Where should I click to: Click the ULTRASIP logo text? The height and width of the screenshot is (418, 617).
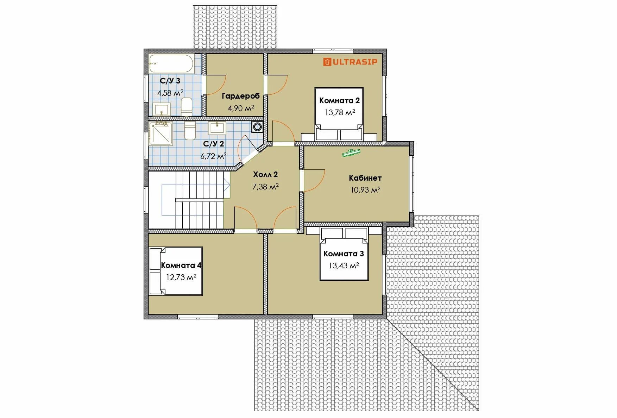[x=355, y=62]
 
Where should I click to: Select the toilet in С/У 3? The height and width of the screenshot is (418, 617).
[x=186, y=107]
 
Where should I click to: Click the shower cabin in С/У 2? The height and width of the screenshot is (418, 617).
[x=161, y=133]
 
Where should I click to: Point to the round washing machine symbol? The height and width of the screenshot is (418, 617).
[x=258, y=127]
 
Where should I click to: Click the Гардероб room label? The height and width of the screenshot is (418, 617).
[x=241, y=96]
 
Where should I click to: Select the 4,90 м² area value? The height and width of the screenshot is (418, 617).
[x=241, y=108]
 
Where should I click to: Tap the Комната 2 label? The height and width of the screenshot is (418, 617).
[x=340, y=100]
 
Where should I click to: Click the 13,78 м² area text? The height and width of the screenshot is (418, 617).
[x=340, y=112]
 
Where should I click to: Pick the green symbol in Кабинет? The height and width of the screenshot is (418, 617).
[x=351, y=152]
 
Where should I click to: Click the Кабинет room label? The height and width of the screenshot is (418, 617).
[x=365, y=178]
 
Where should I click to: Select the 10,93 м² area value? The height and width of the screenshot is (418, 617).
[x=365, y=190]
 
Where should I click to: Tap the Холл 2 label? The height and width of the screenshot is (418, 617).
[x=265, y=174]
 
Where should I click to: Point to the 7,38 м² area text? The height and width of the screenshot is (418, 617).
[x=265, y=186]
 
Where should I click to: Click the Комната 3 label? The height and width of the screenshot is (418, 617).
[x=344, y=254]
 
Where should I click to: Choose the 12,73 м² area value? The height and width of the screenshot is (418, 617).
[x=181, y=277]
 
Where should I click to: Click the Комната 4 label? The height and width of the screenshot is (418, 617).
[x=181, y=265]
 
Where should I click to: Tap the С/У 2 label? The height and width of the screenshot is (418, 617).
[x=214, y=144]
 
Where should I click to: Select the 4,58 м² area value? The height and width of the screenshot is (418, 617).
[x=170, y=93]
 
